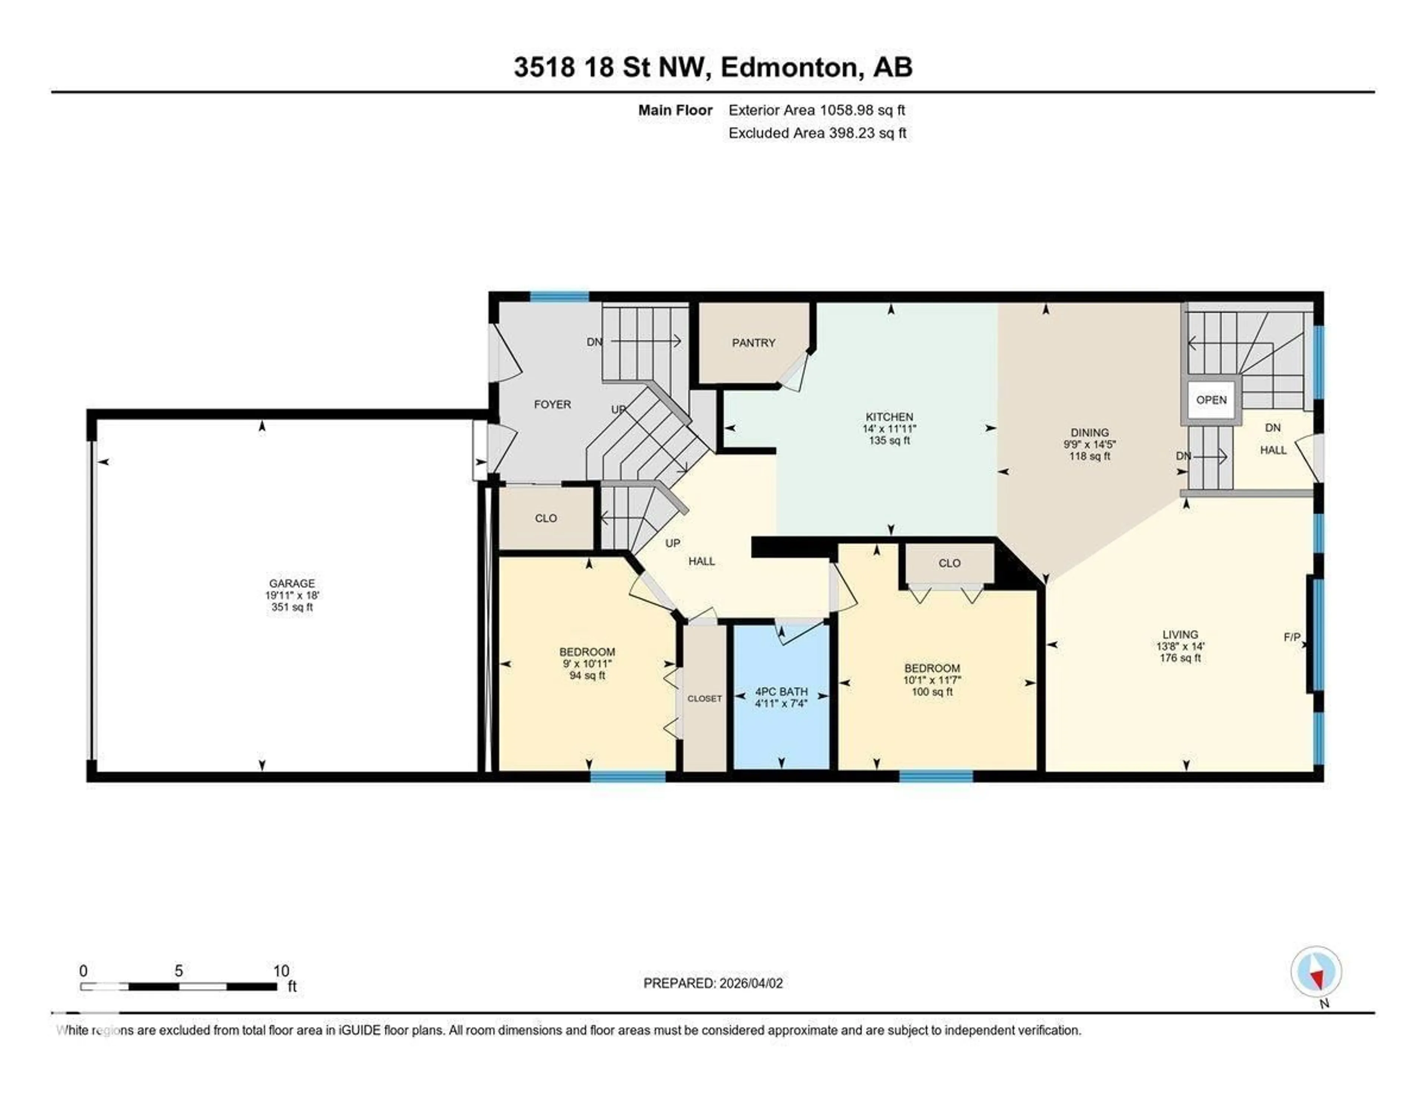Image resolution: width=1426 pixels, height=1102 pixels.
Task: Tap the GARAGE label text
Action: coord(292,583)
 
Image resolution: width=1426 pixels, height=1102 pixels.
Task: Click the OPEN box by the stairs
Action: coord(1211,400)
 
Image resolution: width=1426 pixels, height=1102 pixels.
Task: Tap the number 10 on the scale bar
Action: coord(281,971)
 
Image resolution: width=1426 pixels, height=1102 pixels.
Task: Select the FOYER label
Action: coord(552,404)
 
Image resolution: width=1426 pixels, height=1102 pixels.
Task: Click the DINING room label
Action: coord(1089,432)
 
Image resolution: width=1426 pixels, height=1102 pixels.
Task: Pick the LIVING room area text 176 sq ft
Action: coord(1180,658)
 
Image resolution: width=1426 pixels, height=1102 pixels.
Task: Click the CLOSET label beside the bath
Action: coord(704,698)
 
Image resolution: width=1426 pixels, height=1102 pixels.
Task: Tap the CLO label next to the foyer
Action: coord(546,518)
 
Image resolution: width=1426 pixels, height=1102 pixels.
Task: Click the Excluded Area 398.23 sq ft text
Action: coord(817,133)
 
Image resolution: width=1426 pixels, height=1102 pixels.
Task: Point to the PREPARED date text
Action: coord(713,983)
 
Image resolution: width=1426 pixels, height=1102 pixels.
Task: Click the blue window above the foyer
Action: coord(559,296)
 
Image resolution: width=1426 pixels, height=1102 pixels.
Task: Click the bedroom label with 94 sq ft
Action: coord(587,652)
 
